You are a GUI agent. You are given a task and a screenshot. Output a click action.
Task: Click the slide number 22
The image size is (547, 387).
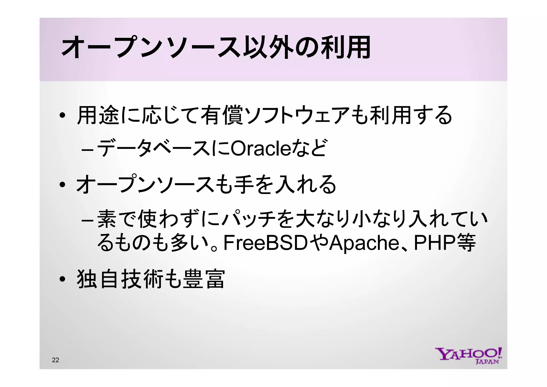tap(56, 360)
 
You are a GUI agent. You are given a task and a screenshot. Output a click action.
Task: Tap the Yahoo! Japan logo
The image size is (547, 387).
tap(469, 356)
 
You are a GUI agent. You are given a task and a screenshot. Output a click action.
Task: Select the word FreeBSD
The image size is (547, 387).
tap(265, 243)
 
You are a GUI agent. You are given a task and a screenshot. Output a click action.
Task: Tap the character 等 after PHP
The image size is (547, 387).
tap(466, 243)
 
